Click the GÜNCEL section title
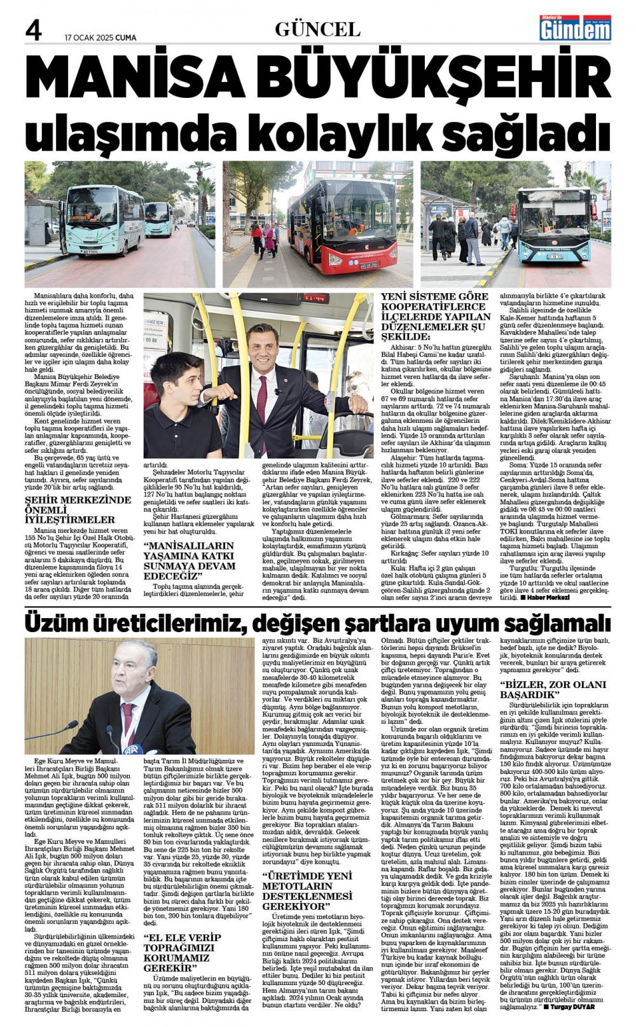(317, 29)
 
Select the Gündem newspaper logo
(575, 29)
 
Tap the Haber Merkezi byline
(544, 598)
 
